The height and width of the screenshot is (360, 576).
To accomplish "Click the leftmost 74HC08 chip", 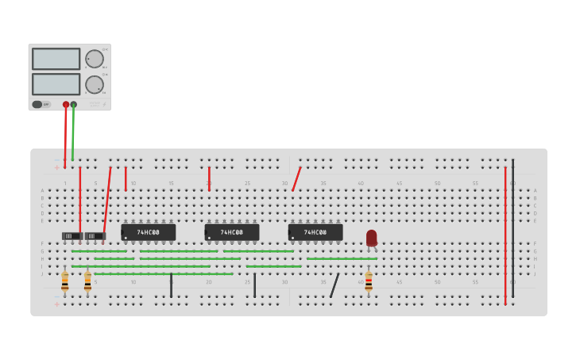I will click(149, 232).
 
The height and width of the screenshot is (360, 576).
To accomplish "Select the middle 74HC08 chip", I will click(232, 232).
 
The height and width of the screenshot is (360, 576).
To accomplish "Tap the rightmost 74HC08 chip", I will click(315, 232).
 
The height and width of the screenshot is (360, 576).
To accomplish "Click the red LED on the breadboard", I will click(371, 238).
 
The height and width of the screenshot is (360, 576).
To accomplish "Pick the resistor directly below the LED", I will click(369, 281).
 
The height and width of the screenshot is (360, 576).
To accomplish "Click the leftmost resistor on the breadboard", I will click(65, 281).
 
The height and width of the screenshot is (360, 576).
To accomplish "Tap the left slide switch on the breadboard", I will click(72, 236).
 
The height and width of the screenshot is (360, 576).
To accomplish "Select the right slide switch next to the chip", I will click(95, 236).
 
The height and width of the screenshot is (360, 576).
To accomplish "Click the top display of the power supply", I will click(56, 59).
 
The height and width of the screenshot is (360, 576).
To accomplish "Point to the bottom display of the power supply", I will click(56, 84).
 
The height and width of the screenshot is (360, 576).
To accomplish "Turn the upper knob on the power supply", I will click(95, 59).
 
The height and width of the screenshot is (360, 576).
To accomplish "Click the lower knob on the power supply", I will click(95, 84).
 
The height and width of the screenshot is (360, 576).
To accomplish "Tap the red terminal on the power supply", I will click(66, 104).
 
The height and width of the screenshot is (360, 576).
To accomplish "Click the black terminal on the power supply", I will click(74, 104).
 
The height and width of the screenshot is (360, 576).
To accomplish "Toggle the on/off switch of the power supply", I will click(37, 104).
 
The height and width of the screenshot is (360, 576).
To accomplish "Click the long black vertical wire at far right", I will click(512, 230).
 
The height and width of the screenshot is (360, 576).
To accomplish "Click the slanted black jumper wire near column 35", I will click(334, 285).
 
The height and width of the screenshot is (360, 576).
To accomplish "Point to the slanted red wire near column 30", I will click(296, 179).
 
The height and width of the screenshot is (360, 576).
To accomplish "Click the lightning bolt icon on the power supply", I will click(102, 104).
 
